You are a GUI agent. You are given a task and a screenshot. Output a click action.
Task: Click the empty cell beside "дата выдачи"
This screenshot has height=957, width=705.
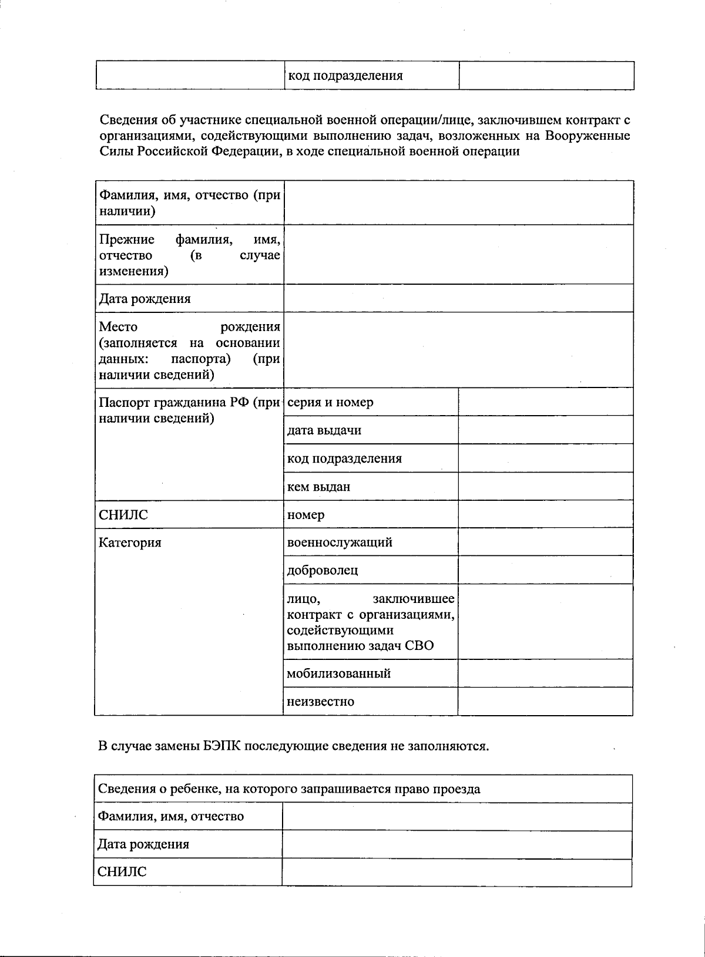click(545, 430)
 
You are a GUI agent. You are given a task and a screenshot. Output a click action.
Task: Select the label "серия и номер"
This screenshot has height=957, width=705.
click(330, 402)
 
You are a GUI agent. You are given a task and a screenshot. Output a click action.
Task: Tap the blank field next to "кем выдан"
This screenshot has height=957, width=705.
click(545, 486)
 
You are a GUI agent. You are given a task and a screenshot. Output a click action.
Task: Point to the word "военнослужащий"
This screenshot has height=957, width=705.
click(340, 542)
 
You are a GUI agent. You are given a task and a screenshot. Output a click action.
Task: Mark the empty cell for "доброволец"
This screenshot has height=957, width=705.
click(545, 570)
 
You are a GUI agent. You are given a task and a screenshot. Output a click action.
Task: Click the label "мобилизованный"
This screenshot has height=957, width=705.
click(339, 673)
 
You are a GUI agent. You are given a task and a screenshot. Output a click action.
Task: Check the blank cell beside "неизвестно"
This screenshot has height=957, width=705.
click(545, 701)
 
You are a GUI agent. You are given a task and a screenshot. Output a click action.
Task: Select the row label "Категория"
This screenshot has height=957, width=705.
click(130, 542)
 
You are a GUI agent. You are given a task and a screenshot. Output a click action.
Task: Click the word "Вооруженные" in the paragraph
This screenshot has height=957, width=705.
click(587, 136)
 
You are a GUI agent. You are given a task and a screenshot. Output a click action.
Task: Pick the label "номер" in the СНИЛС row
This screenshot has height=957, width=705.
click(305, 514)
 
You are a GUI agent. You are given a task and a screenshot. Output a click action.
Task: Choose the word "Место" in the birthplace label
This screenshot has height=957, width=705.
click(118, 326)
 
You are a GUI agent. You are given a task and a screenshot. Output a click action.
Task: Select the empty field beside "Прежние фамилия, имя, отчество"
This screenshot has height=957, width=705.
click(458, 254)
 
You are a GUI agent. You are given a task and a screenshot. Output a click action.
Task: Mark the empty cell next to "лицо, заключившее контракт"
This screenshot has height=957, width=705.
click(545, 621)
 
